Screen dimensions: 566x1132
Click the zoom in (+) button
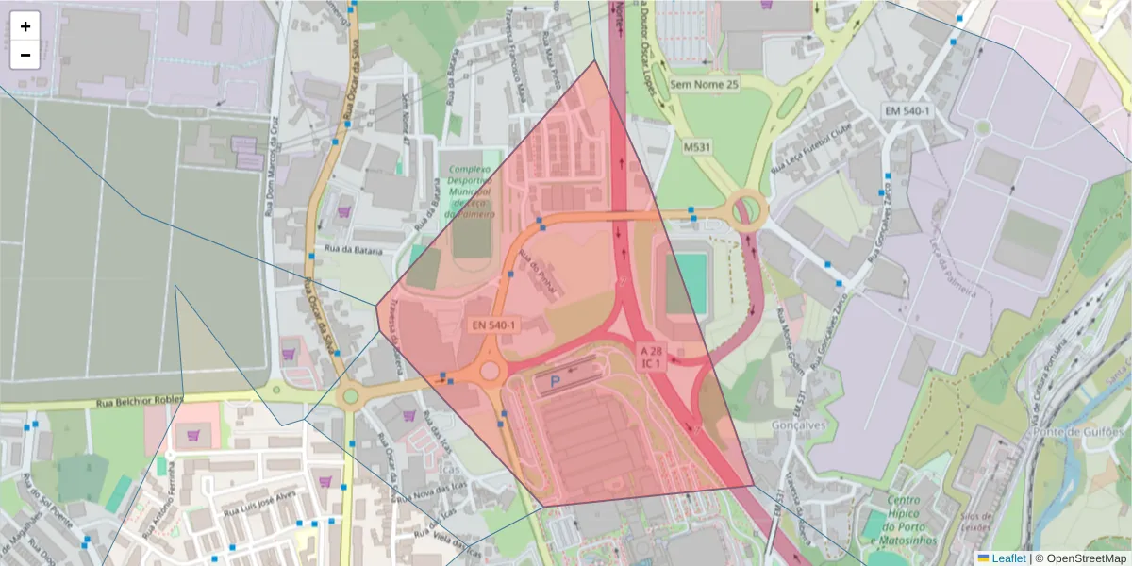click(25, 26)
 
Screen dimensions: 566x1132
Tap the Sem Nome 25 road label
click(705, 84)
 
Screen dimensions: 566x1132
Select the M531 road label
click(697, 148)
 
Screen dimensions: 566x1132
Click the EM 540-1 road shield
click(907, 111)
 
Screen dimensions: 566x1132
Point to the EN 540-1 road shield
click(494, 325)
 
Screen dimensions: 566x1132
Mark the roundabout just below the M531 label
click(747, 208)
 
